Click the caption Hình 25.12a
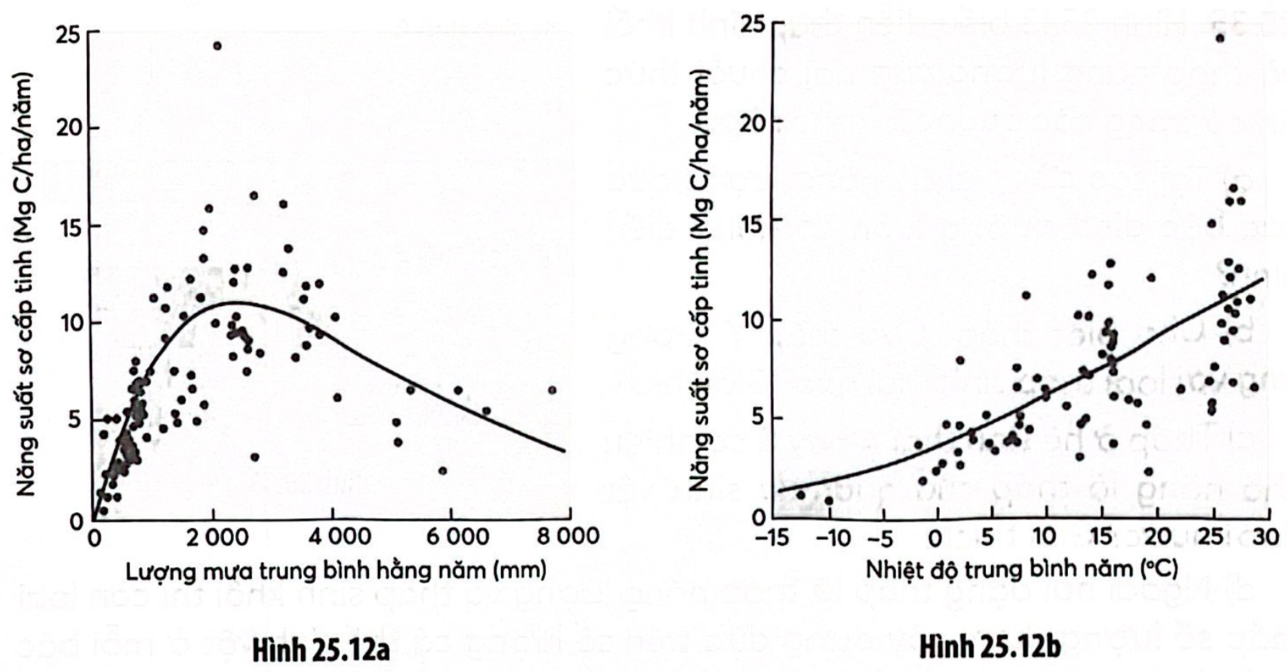tap(321, 649)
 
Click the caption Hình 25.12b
tap(990, 646)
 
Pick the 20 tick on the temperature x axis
tap(1156, 537)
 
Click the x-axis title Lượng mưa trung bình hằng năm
tap(335, 570)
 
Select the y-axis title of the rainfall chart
tap(27, 284)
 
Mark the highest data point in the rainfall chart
tap(217, 46)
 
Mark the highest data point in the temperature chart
tap(1220, 38)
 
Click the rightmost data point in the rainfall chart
tap(552, 390)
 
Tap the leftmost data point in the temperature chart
tap(801, 495)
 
